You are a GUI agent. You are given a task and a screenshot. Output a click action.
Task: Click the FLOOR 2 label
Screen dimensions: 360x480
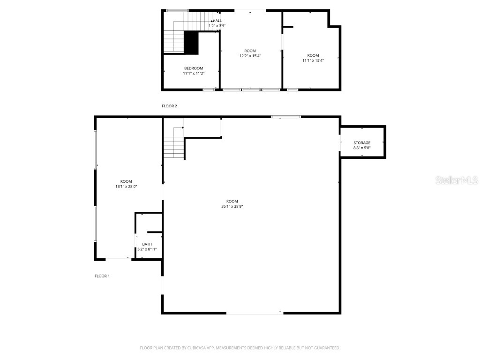[169, 106]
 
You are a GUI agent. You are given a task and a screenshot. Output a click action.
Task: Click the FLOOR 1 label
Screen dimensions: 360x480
[102, 276]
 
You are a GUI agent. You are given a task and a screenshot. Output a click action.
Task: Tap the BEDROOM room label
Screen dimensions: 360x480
[194, 68]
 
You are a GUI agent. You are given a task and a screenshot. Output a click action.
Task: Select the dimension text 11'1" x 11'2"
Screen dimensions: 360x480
[194, 73]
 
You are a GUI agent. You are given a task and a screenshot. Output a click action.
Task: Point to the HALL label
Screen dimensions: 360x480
[217, 21]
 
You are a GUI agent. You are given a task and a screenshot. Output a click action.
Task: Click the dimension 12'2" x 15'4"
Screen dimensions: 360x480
[250, 56]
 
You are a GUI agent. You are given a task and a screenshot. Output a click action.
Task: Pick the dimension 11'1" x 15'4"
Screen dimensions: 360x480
[313, 60]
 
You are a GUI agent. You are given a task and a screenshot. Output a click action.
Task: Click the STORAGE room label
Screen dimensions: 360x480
[362, 142]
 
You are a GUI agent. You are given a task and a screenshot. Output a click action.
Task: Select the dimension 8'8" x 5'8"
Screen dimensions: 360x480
[362, 148]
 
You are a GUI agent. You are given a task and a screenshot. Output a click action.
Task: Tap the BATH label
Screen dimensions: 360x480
[147, 244]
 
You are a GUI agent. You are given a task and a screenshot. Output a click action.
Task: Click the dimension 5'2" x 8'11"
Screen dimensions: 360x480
[147, 249]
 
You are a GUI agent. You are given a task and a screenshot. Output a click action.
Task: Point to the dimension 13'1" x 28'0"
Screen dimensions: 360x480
[126, 187]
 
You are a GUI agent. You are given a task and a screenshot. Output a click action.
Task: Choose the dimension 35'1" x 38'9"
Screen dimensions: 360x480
[232, 206]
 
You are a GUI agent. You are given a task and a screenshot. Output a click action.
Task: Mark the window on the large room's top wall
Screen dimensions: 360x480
[286, 117]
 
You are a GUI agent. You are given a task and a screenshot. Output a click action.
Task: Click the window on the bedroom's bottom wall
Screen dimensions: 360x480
[209, 89]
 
